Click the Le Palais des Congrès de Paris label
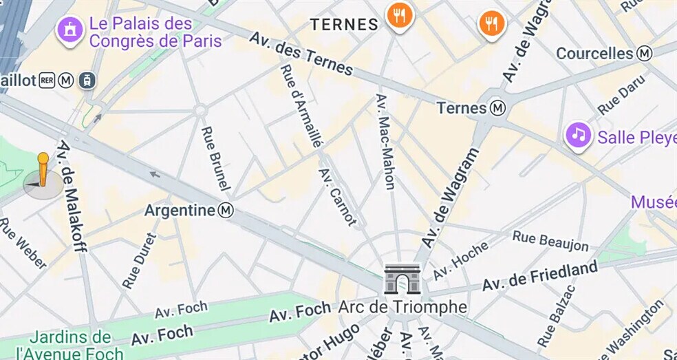[155, 32]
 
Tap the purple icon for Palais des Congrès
[69, 30]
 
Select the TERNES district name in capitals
[344, 25]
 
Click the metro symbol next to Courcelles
[645, 53]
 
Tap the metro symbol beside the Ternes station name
[498, 108]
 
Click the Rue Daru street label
[621, 94]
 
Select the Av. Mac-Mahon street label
[385, 141]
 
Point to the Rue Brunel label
[216, 158]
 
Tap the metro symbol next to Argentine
[226, 210]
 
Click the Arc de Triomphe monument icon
[402, 279]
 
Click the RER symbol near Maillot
[47, 81]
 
